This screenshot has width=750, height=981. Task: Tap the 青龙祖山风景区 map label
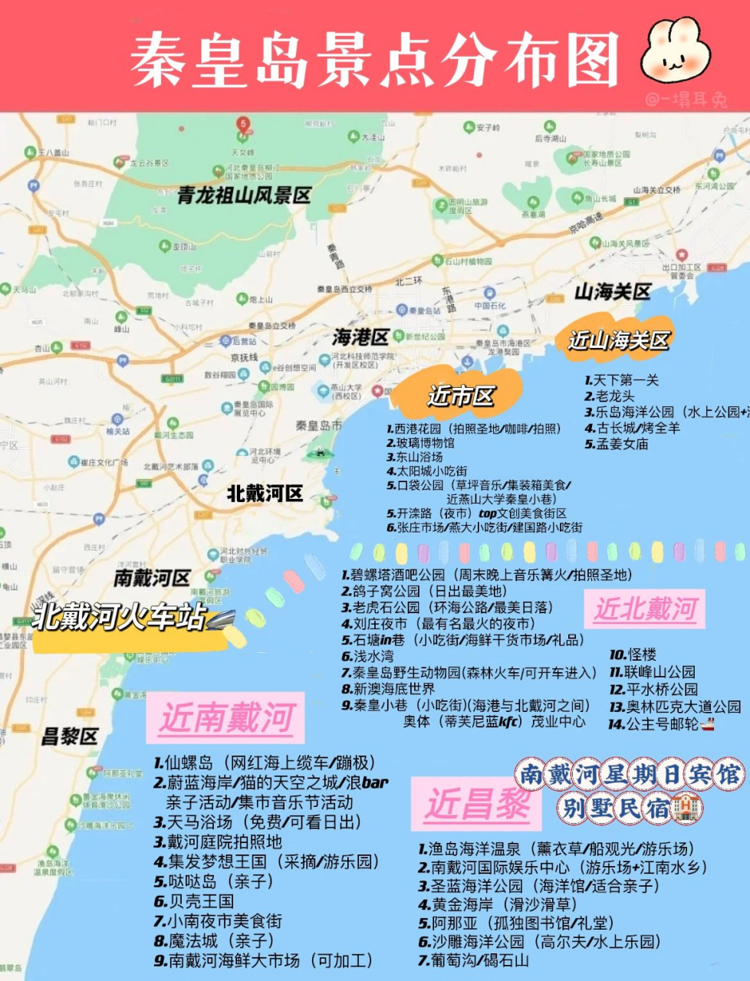click(244, 195)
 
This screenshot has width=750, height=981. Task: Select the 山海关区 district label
click(612, 292)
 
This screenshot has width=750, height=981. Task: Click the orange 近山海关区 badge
click(618, 340)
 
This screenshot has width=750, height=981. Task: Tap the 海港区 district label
click(360, 337)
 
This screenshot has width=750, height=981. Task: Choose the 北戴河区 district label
click(265, 494)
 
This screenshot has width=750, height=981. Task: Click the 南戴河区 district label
click(151, 578)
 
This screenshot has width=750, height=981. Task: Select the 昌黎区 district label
click(69, 737)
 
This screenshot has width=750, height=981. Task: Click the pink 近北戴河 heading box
click(644, 609)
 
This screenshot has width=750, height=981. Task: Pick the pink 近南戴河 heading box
click(225, 719)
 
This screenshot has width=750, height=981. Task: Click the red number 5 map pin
click(243, 124)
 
